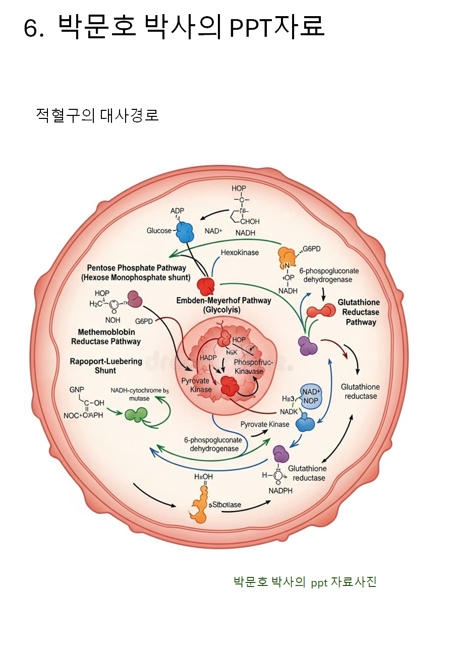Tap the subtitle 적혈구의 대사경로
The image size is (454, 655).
tap(97, 115)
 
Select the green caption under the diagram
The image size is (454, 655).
tap(305, 582)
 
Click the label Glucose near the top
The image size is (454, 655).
tap(159, 231)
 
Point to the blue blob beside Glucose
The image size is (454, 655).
tap(185, 231)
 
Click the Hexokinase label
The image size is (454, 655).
tap(240, 252)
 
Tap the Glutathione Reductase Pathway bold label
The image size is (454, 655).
tap(358, 312)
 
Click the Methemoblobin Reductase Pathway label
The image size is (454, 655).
tap(106, 337)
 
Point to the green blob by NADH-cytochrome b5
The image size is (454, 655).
tap(135, 414)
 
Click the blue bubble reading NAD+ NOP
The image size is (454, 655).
tap(311, 396)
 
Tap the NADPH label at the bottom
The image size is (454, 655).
tap(280, 490)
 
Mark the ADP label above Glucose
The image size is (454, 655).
tap(178, 211)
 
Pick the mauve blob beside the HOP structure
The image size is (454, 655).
tap(135, 299)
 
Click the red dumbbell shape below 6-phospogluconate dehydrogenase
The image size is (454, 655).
tap(321, 311)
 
